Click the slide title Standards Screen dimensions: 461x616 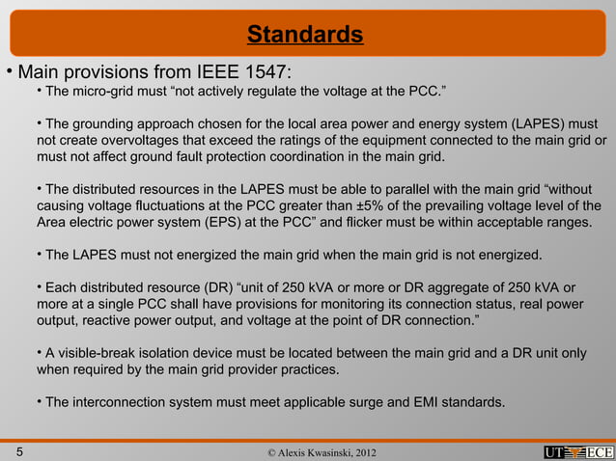pos(305,36)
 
